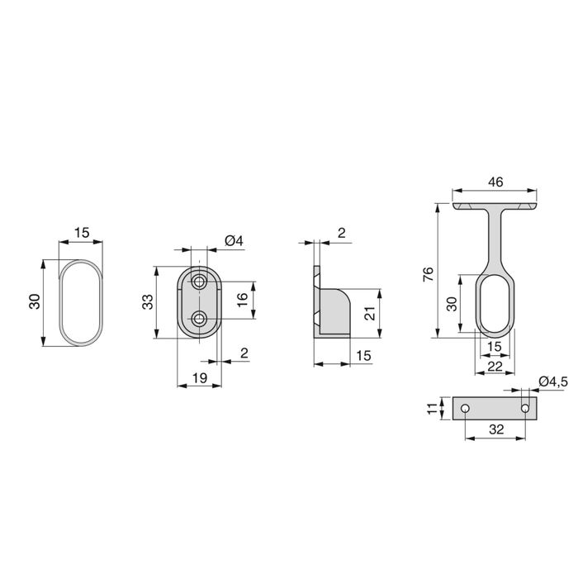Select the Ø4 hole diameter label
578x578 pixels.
[x=235, y=240]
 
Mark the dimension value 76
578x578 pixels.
[x=427, y=273]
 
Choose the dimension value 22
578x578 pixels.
[x=496, y=365]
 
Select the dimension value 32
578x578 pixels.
[x=496, y=430]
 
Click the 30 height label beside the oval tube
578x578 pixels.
[x=33, y=301]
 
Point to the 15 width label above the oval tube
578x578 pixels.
[x=81, y=234]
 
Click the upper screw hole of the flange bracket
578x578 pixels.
[x=199, y=282]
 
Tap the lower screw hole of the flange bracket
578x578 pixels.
[x=199, y=319]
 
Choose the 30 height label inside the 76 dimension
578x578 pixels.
[x=452, y=304]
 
